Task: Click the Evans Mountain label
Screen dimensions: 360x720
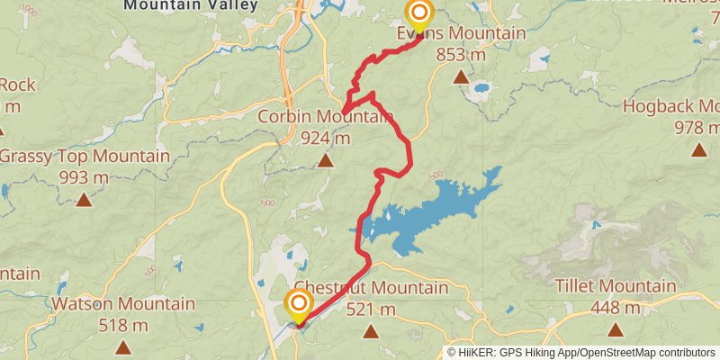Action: tap(462, 33)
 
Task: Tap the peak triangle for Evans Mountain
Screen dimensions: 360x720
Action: tap(461, 77)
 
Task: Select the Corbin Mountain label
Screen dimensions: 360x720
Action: tap(325, 117)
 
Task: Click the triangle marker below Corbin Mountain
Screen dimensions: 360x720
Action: tap(325, 161)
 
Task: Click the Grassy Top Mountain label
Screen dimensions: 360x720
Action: tap(84, 157)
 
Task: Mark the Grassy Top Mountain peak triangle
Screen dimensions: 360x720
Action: tap(84, 200)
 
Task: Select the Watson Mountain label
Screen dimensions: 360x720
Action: tap(122, 304)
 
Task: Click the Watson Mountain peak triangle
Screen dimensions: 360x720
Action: tap(122, 346)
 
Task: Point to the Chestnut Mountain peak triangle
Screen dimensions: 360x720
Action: tap(370, 331)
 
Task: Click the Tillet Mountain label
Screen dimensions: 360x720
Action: tap(615, 288)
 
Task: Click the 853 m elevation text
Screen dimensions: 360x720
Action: tap(461, 54)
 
